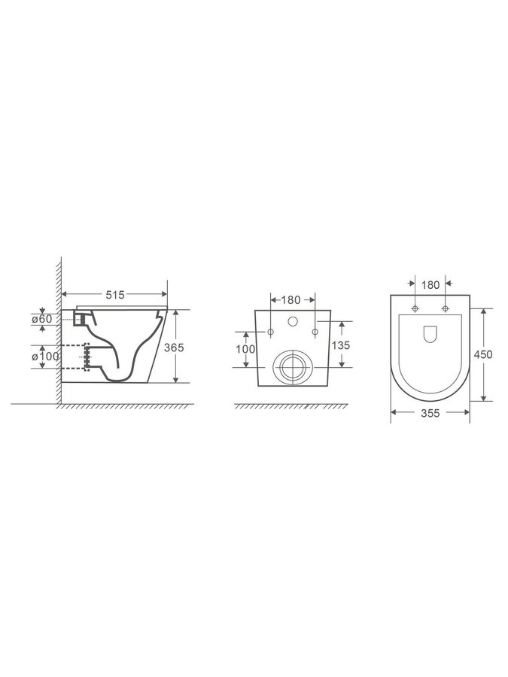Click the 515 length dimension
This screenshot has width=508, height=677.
[x=115, y=295]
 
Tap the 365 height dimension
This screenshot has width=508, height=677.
[x=174, y=348]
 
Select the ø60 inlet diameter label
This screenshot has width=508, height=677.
[x=42, y=319]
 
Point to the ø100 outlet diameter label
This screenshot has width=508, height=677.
[x=45, y=357]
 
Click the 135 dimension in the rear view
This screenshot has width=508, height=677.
[x=341, y=345]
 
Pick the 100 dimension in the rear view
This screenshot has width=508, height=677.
[x=245, y=349]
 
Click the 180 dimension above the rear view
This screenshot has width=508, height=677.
[x=291, y=300]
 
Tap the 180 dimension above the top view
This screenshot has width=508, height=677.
[x=430, y=285]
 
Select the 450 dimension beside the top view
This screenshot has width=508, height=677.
[x=483, y=354]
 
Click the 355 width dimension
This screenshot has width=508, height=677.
[x=430, y=413]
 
